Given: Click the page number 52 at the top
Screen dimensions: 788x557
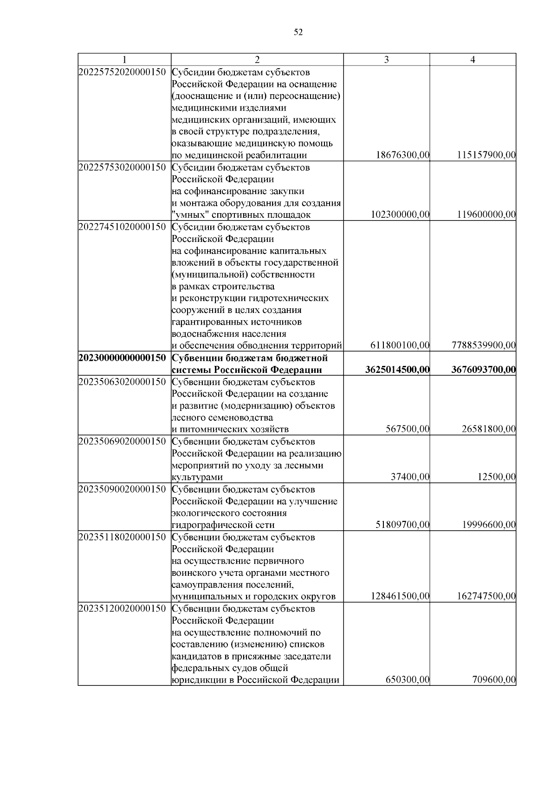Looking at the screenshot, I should tap(298, 32).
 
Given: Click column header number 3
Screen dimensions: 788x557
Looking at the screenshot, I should tap(387, 59).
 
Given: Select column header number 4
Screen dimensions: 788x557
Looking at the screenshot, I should tap(473, 59).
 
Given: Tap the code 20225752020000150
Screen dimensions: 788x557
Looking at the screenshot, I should tap(123, 72).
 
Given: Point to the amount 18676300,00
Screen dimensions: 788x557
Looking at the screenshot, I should tap(402, 156).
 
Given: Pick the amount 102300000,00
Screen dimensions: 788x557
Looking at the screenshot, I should tap(401, 215).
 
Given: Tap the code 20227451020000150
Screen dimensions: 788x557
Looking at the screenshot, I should tap(123, 227).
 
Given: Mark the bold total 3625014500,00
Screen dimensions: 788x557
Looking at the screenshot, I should tap(397, 370).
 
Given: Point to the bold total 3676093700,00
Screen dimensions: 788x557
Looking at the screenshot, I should tap(483, 370).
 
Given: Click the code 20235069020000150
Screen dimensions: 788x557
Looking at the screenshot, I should tap(123, 442).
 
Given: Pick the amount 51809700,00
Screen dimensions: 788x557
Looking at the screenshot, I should tap(402, 525).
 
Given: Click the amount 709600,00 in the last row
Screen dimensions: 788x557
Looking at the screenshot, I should tap(494, 680).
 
